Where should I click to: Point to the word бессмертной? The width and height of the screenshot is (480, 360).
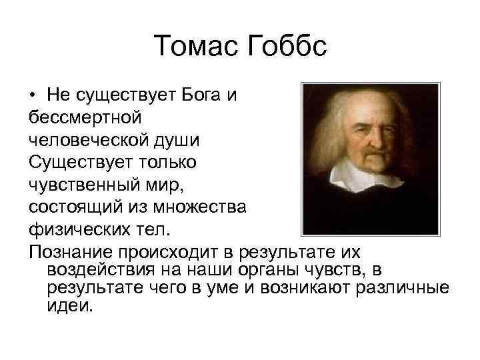(84, 117)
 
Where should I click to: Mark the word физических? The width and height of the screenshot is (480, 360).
(73, 231)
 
